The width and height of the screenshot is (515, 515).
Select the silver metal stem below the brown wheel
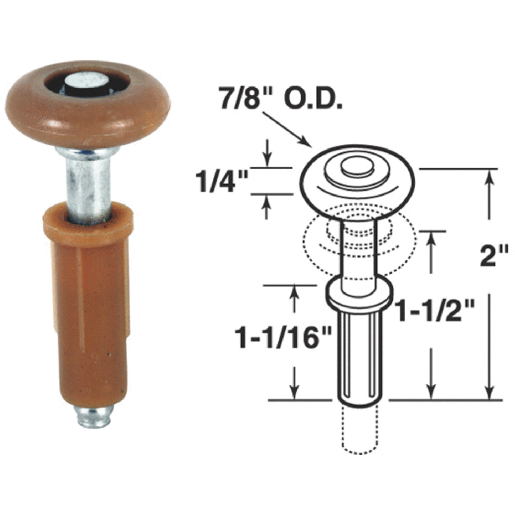coord(87,182)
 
